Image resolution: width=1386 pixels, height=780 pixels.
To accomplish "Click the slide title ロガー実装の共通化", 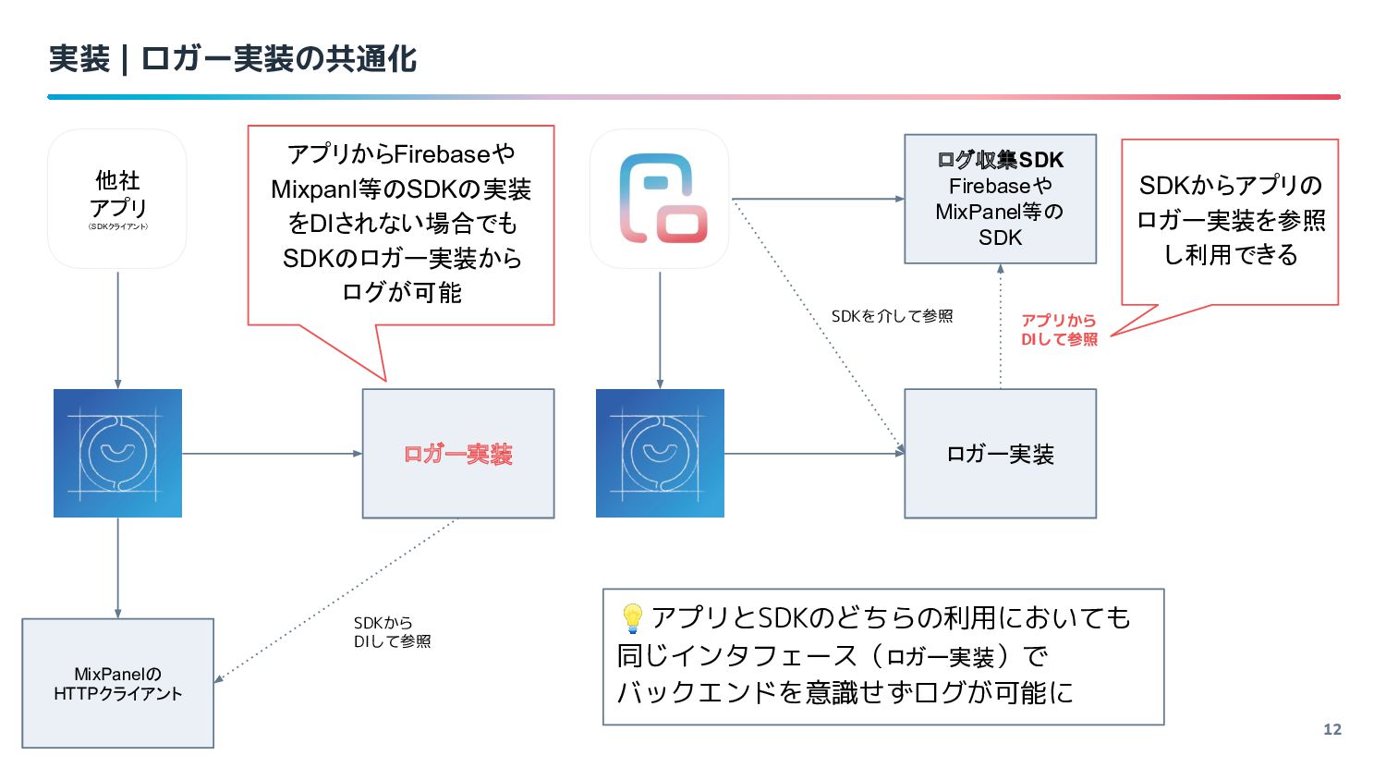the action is click(279, 59).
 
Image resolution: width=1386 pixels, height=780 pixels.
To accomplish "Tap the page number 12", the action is click(1332, 729).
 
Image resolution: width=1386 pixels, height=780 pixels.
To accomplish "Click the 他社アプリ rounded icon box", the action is click(117, 199).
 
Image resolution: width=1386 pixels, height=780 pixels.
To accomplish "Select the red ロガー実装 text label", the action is click(458, 455).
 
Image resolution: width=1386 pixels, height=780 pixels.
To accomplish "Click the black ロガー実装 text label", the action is click(1000, 455).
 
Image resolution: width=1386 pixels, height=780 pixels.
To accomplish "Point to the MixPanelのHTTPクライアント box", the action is click(117, 683).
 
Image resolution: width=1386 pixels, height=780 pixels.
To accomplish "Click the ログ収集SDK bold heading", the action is click(1000, 160).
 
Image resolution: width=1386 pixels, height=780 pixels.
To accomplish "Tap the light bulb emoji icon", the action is click(632, 618).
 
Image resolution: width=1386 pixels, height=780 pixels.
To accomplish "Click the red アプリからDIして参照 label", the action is click(1059, 330).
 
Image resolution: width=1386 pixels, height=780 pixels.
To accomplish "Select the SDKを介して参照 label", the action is click(892, 316).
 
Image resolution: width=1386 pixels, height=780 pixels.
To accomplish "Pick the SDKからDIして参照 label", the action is click(392, 632).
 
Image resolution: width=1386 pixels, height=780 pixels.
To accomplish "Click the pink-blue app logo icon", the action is click(660, 199).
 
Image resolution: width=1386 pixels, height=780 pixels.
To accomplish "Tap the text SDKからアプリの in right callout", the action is click(1231, 185).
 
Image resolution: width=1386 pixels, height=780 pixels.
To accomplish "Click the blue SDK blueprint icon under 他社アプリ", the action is click(117, 453).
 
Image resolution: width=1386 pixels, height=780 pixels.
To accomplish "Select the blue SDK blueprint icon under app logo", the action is click(661, 453).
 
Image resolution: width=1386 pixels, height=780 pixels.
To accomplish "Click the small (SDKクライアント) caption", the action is click(117, 226).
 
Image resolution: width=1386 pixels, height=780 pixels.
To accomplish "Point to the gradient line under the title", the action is click(694, 97).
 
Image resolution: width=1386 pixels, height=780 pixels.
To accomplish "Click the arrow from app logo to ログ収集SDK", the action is click(818, 199).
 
